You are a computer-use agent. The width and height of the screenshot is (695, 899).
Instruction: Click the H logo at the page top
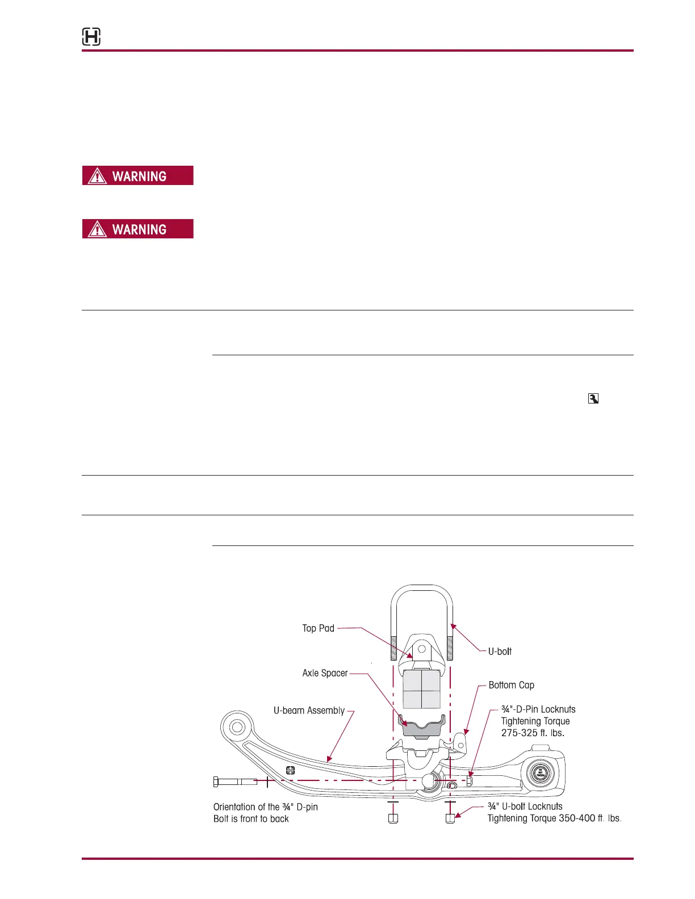pos(91,37)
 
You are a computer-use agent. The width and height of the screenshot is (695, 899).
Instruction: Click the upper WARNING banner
pos(138,176)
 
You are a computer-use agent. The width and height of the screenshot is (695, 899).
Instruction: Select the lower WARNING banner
pos(138,229)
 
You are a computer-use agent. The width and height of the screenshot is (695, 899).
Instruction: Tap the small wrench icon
pos(593,399)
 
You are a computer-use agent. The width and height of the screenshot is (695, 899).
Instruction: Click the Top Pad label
pos(318,628)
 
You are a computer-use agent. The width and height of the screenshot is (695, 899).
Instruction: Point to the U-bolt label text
pos(500,652)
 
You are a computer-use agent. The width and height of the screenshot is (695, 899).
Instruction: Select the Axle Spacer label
pos(325,673)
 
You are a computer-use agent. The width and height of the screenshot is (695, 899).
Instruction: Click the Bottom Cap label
pos(511,685)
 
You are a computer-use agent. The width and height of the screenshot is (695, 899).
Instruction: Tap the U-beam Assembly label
pos(309,711)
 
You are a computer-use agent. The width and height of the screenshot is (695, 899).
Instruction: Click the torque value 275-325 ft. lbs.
pos(533,733)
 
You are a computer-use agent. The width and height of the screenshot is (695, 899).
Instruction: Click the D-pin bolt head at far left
pos(216,782)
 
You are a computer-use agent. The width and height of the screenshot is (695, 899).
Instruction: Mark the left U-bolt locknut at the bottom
pos(393,818)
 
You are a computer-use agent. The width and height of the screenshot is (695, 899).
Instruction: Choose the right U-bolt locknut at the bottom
pos(450,818)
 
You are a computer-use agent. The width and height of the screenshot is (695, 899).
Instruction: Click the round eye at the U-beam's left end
pos(237,727)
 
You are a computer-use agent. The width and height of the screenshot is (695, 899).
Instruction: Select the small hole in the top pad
pos(421,649)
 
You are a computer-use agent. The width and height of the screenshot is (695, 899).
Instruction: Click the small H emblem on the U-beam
pos(290,770)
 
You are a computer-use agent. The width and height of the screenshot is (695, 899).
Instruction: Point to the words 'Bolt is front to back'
pos(251,819)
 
